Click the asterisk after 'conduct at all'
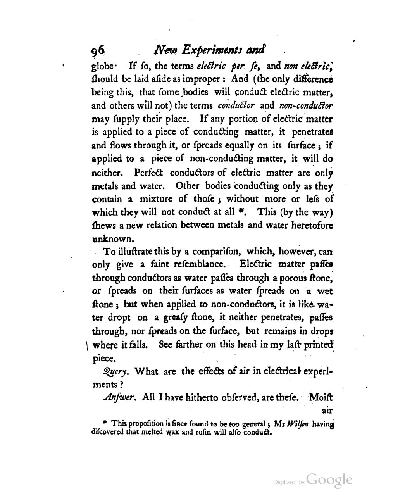241,212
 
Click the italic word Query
113,371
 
